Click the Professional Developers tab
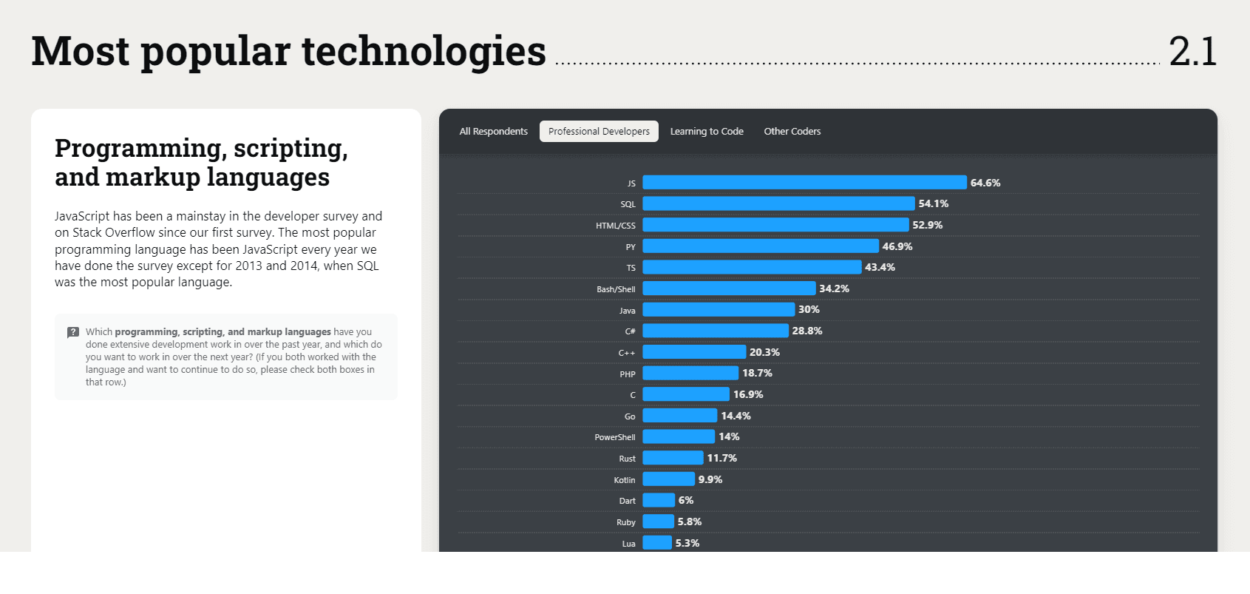tap(599, 132)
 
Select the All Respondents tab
tap(494, 132)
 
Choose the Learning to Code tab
tap(707, 132)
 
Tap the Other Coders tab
tap(792, 132)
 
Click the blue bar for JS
tap(804, 183)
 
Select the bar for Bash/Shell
tap(729, 288)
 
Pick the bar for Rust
tap(673, 458)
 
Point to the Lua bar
tap(657, 543)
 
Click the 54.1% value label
tap(934, 203)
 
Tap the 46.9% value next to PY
tap(897, 246)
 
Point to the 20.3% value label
tap(764, 352)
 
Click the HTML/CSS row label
tap(616, 226)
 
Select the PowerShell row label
tap(615, 437)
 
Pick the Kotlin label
tap(625, 480)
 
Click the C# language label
tap(631, 331)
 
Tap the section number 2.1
tap(1192, 52)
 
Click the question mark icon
tap(73, 332)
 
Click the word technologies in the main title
tap(424, 52)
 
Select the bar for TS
tap(752, 267)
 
